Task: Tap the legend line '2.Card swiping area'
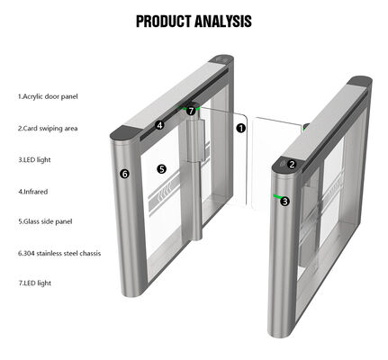click(47, 128)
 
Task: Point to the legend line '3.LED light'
click(35, 159)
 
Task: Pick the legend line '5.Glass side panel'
click(45, 221)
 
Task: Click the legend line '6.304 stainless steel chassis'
click(59, 253)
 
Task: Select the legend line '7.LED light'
click(35, 283)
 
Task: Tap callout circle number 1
click(241, 128)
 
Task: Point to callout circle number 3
click(285, 201)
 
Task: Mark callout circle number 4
click(159, 125)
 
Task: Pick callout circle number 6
click(125, 174)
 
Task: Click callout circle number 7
click(192, 111)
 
